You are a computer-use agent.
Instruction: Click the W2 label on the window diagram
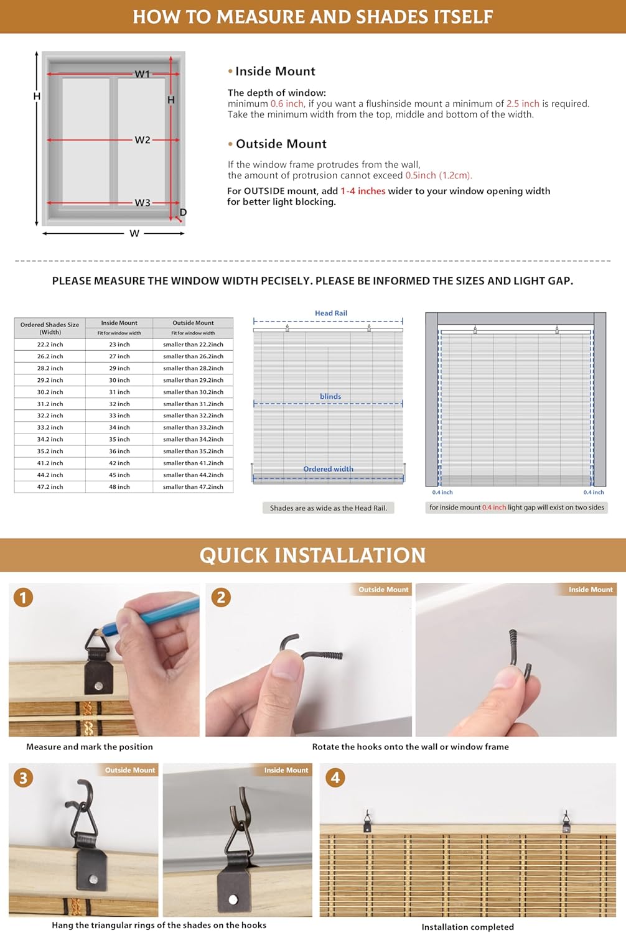click(142, 140)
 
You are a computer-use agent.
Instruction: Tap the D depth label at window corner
click(183, 213)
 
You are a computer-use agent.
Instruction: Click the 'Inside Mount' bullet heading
click(275, 72)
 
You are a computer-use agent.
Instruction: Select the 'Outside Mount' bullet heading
click(281, 144)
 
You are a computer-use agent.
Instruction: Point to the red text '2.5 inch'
click(523, 104)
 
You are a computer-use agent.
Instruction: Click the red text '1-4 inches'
click(363, 191)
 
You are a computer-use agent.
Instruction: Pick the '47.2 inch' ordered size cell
click(50, 487)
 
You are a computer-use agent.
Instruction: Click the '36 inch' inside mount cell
click(119, 452)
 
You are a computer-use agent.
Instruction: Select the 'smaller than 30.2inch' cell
click(193, 392)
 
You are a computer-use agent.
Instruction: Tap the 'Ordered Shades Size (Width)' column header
click(50, 328)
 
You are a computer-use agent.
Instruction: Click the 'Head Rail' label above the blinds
click(331, 313)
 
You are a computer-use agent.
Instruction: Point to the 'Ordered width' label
click(328, 469)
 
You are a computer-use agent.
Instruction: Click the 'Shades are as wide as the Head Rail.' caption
click(328, 508)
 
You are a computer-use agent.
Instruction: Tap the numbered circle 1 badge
click(24, 598)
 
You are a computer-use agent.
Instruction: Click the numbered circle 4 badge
click(335, 777)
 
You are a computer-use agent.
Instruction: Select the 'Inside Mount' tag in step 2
click(590, 590)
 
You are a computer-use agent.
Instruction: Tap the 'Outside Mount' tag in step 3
click(129, 770)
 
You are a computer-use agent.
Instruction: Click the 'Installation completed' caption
click(467, 927)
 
